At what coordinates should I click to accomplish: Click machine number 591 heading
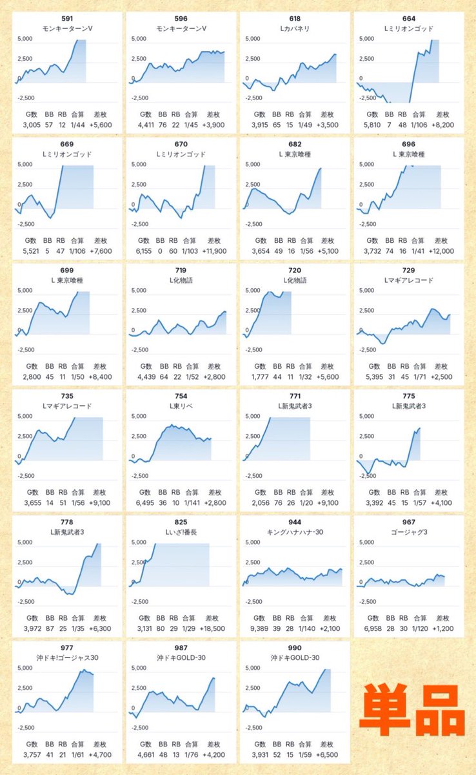pyautogui.click(x=67, y=19)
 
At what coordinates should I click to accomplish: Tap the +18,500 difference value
pyautogui.click(x=212, y=628)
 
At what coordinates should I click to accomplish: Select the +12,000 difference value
pyautogui.click(x=441, y=251)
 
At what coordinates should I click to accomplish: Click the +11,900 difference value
pyautogui.click(x=214, y=251)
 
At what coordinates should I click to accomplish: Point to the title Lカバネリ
pyautogui.click(x=295, y=28)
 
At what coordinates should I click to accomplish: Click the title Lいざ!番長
pyautogui.click(x=181, y=532)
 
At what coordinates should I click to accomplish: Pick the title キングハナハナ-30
pyautogui.click(x=295, y=532)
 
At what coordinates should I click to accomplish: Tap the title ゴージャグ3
pyautogui.click(x=409, y=532)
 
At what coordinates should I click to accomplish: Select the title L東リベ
pyautogui.click(x=181, y=406)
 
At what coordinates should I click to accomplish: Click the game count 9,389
pyautogui.click(x=259, y=628)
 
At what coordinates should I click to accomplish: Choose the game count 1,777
pyautogui.click(x=260, y=377)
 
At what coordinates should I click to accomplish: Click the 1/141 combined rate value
pyautogui.click(x=192, y=502)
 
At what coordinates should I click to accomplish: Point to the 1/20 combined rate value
pyautogui.click(x=306, y=502)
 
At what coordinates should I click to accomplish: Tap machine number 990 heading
pyautogui.click(x=295, y=648)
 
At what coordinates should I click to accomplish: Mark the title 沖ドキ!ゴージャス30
pyautogui.click(x=67, y=657)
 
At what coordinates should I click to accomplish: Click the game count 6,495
pyautogui.click(x=145, y=502)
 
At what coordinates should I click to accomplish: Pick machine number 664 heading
pyautogui.click(x=409, y=19)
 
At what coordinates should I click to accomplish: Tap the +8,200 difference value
pyautogui.click(x=443, y=125)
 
